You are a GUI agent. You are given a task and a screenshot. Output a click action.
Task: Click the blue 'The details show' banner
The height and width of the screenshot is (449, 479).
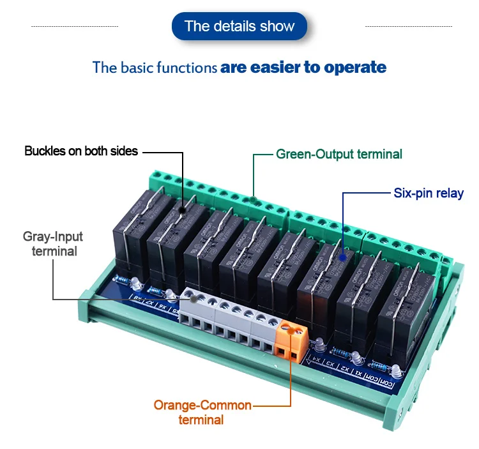(x=240, y=26)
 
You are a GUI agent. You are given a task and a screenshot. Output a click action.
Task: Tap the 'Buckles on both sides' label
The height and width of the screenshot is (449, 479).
(x=81, y=151)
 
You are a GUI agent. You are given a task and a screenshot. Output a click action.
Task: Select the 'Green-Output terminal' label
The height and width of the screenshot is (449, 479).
(x=339, y=154)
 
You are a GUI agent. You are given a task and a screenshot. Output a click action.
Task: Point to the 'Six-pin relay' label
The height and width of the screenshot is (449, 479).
(x=429, y=192)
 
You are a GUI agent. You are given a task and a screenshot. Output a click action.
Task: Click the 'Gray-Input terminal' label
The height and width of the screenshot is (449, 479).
(x=54, y=244)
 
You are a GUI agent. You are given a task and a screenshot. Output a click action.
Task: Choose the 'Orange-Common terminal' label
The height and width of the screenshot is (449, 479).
(x=202, y=413)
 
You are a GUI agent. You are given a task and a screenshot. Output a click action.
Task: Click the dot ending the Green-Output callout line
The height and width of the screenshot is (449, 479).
(x=254, y=202)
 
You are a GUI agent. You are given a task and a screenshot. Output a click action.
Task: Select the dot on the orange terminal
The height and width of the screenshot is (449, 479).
(x=291, y=330)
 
